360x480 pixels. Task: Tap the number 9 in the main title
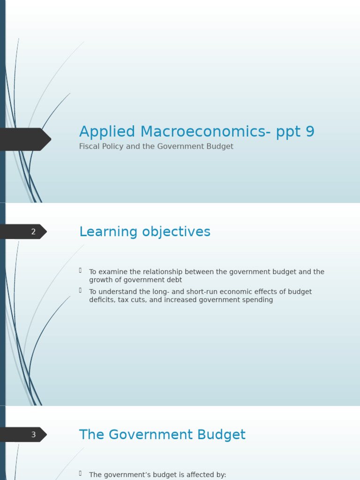point(309,132)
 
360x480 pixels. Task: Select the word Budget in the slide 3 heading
point(222,435)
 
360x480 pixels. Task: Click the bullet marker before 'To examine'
point(80,270)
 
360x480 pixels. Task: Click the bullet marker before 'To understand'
point(80,290)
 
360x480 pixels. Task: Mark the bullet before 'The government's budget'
point(80,473)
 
